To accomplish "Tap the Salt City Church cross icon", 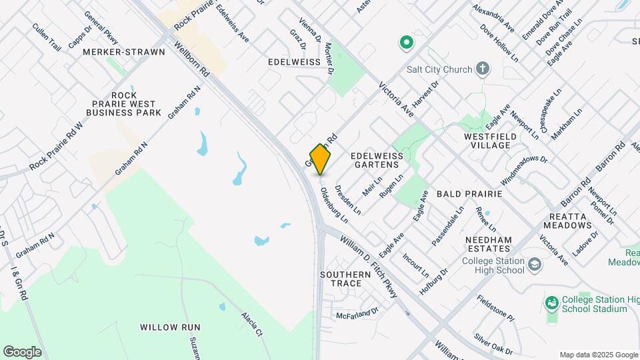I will point(483,69).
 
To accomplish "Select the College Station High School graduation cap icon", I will point(534,265).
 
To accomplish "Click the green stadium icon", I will point(551,304).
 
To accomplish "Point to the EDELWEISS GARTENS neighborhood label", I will point(376,159).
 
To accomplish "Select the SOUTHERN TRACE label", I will point(345,279).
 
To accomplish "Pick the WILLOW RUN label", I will point(170,327).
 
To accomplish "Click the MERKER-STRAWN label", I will point(124,51).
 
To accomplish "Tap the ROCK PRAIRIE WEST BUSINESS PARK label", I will point(125,104).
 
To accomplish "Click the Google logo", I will point(22,351).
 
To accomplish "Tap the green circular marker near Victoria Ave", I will point(405,44).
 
